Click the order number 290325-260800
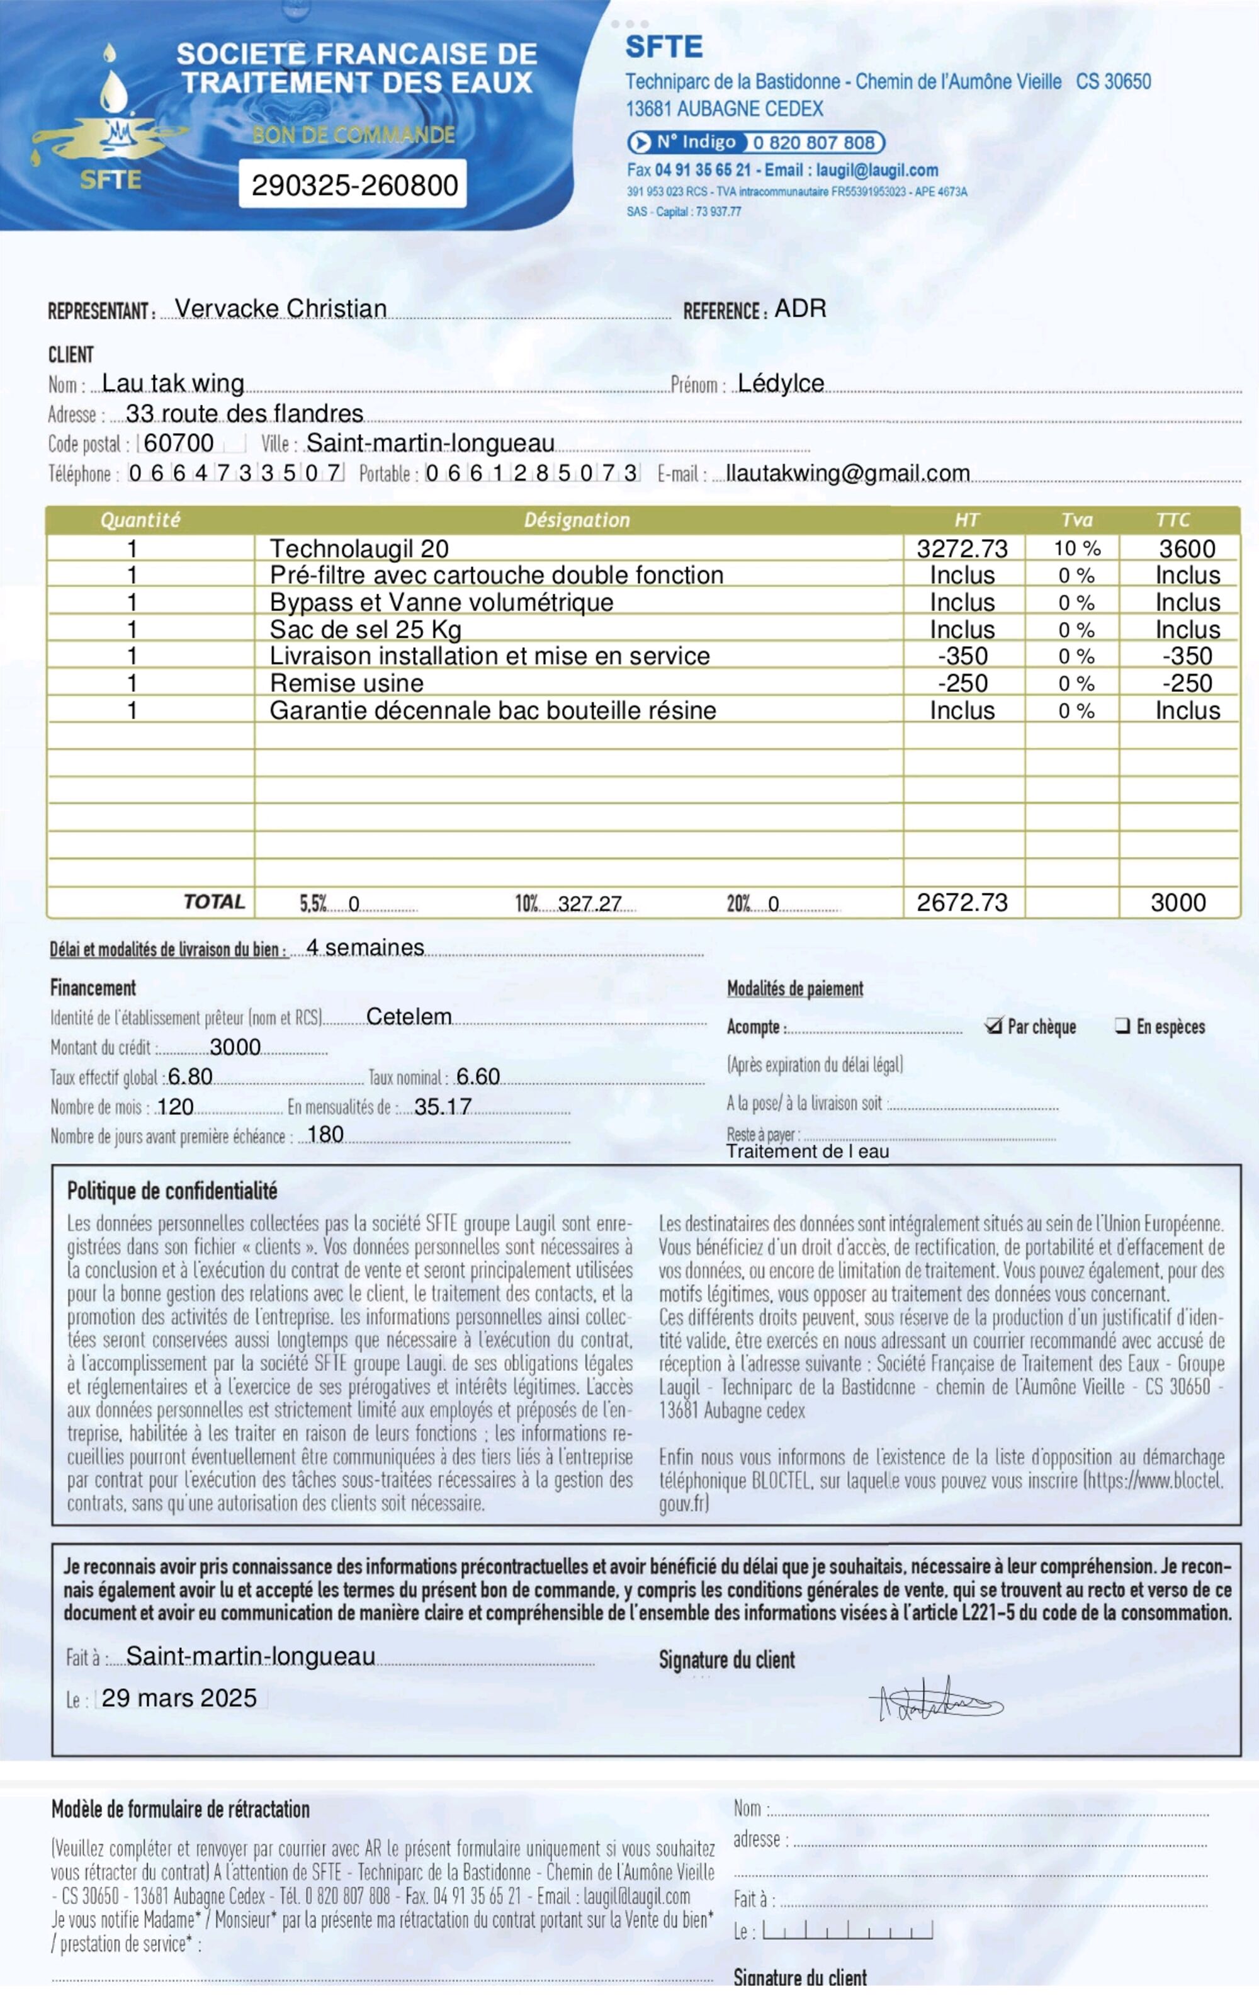tap(354, 185)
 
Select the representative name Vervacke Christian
tap(281, 309)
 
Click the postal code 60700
tap(178, 443)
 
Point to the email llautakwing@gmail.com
tap(848, 473)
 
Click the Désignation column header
tap(577, 520)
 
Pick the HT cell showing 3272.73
tap(962, 548)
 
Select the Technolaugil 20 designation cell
tap(359, 548)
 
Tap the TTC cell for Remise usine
tap(1187, 684)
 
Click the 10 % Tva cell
tap(1076, 548)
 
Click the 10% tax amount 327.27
tap(590, 904)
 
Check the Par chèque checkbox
tap(993, 1026)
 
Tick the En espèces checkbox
tap(1122, 1026)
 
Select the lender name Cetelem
tap(409, 1017)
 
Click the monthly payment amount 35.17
tap(443, 1106)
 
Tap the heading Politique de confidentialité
tap(172, 1191)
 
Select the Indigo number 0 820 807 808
tap(813, 142)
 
